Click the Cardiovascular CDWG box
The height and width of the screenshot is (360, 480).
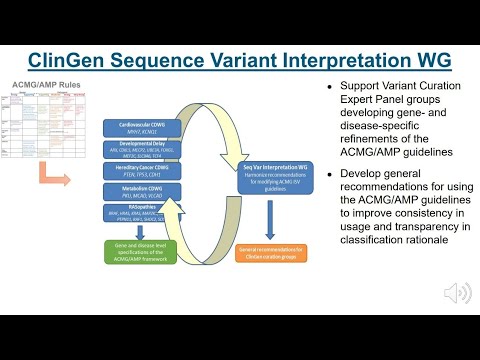(146, 129)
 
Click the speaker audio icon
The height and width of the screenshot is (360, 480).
(457, 293)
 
